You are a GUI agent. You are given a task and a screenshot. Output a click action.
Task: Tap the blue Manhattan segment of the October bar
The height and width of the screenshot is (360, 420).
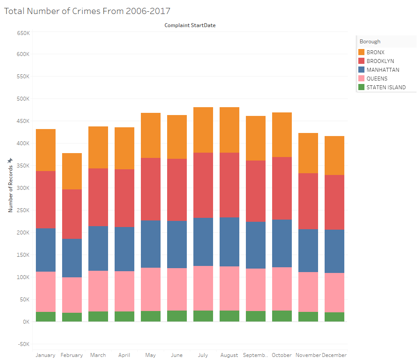(x=282, y=243)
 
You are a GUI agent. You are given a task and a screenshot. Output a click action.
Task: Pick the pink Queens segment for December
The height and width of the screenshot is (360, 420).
(x=334, y=293)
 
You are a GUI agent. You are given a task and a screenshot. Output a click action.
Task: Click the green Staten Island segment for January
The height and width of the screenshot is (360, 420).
(x=45, y=317)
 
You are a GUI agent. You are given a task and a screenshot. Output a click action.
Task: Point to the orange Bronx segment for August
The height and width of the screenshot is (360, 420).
(x=229, y=130)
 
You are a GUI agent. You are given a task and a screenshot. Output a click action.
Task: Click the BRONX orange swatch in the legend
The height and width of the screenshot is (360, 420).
(x=361, y=52)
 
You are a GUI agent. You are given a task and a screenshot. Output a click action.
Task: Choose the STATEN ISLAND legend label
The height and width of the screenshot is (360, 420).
(x=386, y=87)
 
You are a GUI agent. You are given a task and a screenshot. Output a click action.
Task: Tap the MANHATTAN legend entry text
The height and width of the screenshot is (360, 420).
(x=383, y=70)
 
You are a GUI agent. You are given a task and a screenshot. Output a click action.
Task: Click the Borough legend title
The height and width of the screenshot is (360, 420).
(x=370, y=42)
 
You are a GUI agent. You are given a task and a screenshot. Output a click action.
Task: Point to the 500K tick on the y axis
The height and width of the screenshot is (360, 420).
(x=23, y=99)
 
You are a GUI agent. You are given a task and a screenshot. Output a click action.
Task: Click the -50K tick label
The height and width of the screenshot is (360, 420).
(x=24, y=344)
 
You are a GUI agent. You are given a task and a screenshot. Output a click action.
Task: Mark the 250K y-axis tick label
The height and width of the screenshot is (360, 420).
(x=23, y=210)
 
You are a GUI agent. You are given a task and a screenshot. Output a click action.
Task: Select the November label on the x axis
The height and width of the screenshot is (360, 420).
(x=308, y=355)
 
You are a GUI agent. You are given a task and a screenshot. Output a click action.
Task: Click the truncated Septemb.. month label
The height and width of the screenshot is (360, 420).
(x=255, y=355)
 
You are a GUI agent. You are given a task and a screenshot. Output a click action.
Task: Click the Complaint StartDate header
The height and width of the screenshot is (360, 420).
(x=190, y=25)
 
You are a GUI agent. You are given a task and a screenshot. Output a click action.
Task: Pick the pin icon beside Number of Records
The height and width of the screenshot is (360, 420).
(x=10, y=161)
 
